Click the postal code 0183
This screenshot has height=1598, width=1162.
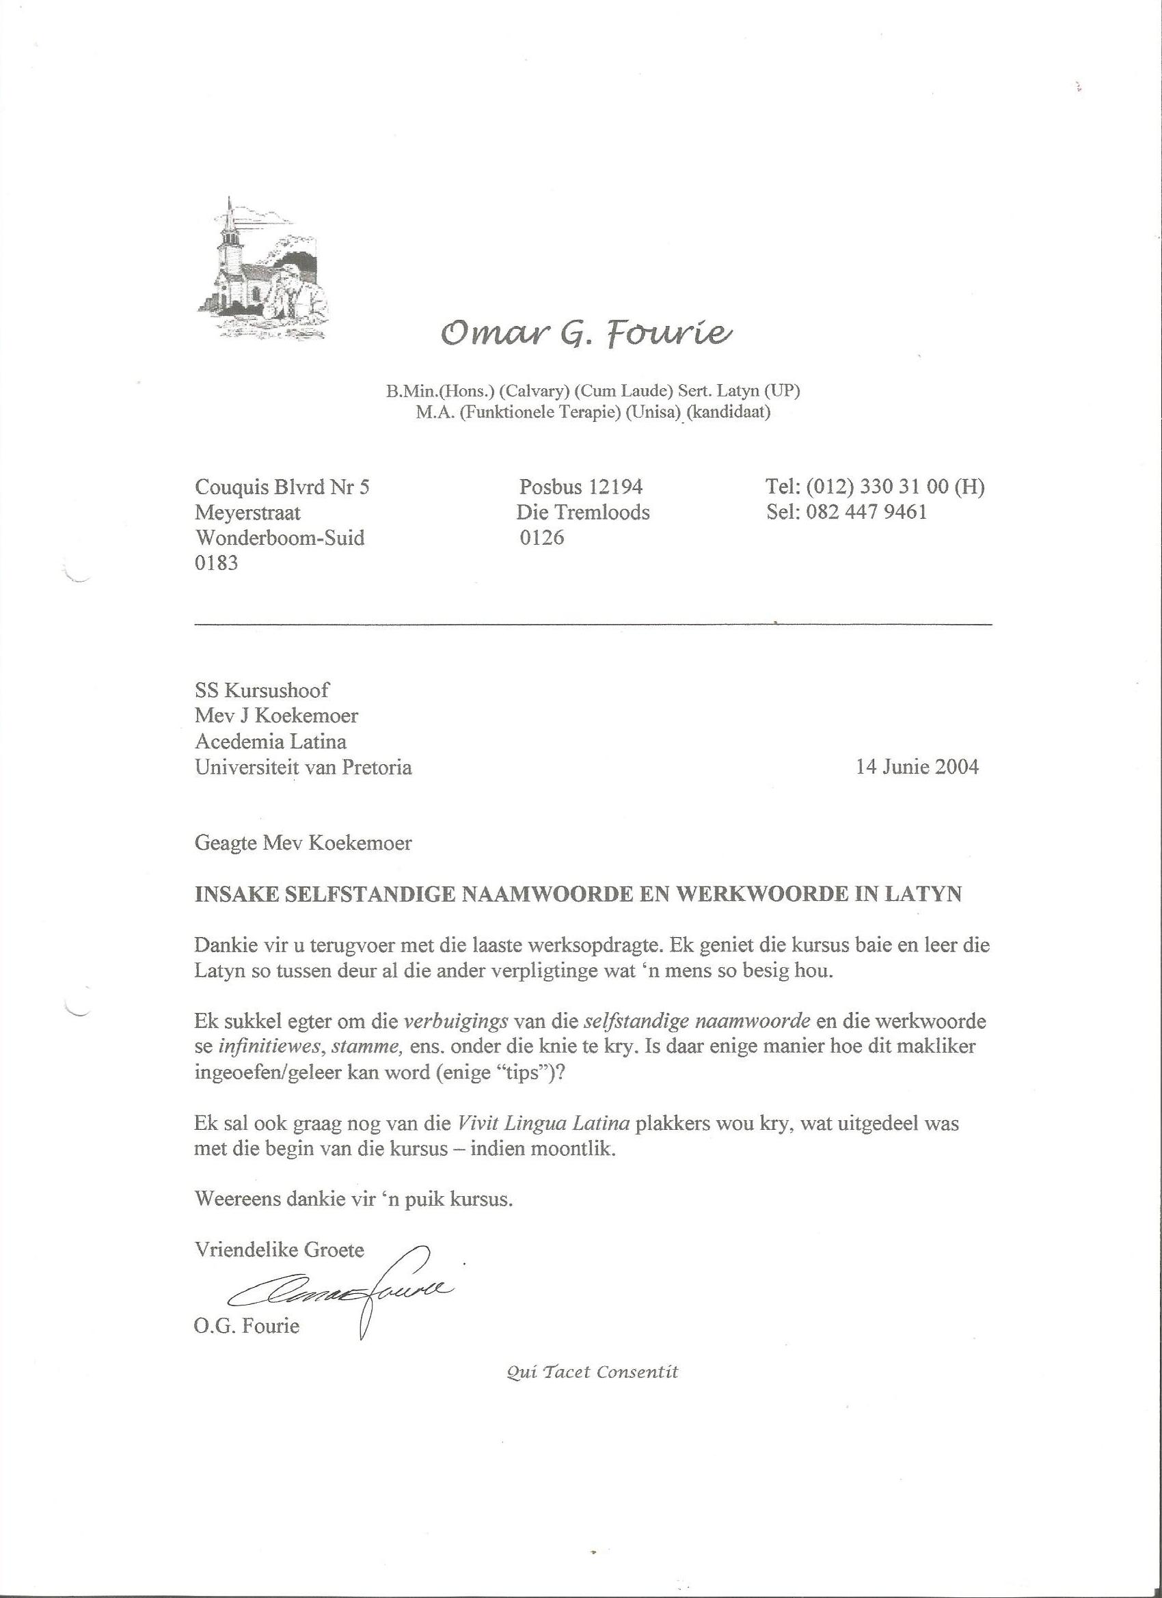(216, 564)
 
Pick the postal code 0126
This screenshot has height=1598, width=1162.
(542, 539)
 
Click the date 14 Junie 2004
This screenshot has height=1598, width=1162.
(917, 768)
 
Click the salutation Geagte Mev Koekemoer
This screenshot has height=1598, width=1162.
(303, 843)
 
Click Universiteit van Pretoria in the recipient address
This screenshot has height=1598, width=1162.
(303, 768)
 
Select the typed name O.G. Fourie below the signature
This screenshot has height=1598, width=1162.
(247, 1327)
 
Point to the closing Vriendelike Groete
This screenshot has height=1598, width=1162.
(279, 1251)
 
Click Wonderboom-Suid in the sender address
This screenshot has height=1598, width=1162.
(280, 539)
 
